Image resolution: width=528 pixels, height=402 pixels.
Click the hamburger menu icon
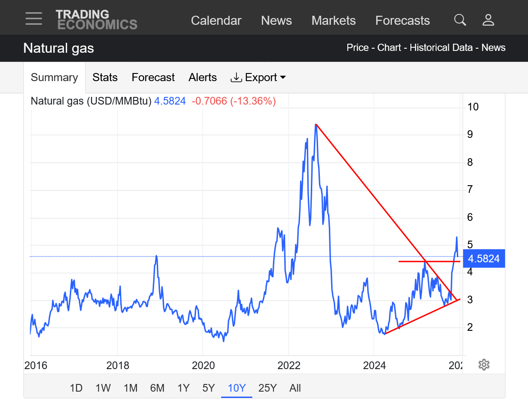tap(34, 19)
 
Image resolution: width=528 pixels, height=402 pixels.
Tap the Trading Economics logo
tap(96, 20)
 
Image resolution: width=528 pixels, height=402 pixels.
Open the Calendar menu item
tap(216, 21)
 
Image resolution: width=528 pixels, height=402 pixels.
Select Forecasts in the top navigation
tap(402, 21)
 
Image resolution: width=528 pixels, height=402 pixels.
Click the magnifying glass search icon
tap(460, 20)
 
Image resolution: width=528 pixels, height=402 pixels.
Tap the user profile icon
tap(488, 20)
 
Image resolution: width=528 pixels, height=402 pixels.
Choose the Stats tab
tap(105, 78)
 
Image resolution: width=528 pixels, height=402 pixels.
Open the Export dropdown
tap(259, 78)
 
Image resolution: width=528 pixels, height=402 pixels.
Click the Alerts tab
tap(203, 78)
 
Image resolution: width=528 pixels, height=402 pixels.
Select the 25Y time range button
tap(267, 388)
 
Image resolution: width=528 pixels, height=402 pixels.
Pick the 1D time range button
tap(76, 388)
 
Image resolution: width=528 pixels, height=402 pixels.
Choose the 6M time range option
tap(157, 388)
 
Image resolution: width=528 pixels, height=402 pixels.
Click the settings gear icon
tap(484, 365)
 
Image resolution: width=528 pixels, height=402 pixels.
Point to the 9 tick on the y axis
tap(470, 134)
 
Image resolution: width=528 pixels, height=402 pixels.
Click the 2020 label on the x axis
tap(203, 365)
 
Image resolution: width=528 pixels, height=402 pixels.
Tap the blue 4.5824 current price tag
tap(483, 259)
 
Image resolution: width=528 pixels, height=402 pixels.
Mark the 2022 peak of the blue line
tap(315, 125)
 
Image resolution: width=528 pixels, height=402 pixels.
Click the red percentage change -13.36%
tap(253, 101)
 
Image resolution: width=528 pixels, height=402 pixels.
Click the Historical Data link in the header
tap(441, 48)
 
